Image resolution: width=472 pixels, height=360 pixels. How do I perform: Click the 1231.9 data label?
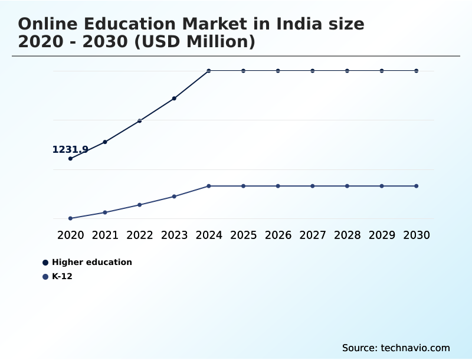(70, 150)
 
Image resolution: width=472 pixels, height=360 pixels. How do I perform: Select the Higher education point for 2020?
(71, 159)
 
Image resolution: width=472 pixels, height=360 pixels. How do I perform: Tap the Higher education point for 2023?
(174, 99)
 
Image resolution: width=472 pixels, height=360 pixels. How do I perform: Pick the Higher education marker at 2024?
(209, 71)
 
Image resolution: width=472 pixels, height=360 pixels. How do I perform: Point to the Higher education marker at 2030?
(417, 71)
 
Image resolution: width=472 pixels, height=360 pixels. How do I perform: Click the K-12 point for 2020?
(71, 218)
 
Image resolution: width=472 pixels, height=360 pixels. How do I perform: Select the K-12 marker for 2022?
(140, 205)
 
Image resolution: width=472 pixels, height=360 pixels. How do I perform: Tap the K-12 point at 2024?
(209, 186)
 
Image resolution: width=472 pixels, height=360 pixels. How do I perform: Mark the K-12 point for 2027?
(313, 186)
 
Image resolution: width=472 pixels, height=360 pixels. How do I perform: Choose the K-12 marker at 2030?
(417, 186)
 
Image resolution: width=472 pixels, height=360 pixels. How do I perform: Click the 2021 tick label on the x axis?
(105, 235)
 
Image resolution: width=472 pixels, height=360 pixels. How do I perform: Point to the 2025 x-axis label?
(244, 235)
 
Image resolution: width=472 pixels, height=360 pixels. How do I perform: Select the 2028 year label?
(347, 235)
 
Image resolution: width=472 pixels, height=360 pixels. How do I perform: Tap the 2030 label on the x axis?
(417, 235)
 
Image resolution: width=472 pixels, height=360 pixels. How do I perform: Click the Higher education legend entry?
(91, 262)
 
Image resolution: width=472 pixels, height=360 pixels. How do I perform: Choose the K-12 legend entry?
(62, 276)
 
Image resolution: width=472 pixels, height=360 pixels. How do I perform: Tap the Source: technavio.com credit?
(396, 348)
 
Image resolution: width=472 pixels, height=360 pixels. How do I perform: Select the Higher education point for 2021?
(105, 142)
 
